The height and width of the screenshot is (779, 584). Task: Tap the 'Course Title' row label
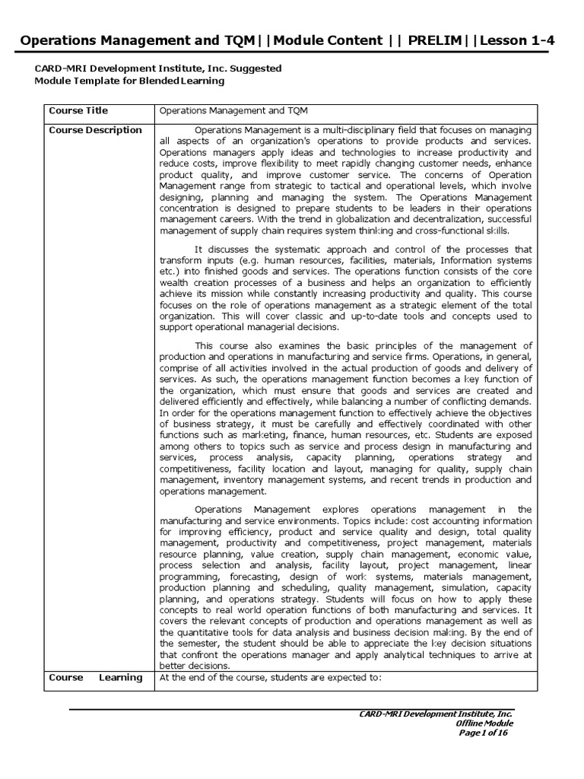coord(78,110)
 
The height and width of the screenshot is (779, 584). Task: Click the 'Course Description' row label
coord(95,130)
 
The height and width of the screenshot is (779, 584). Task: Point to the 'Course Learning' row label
coord(95,677)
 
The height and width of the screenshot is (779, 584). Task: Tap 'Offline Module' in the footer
coord(484,723)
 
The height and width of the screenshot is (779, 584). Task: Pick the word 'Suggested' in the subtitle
coord(252,68)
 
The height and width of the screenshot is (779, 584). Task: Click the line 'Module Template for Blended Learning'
coord(129,81)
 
